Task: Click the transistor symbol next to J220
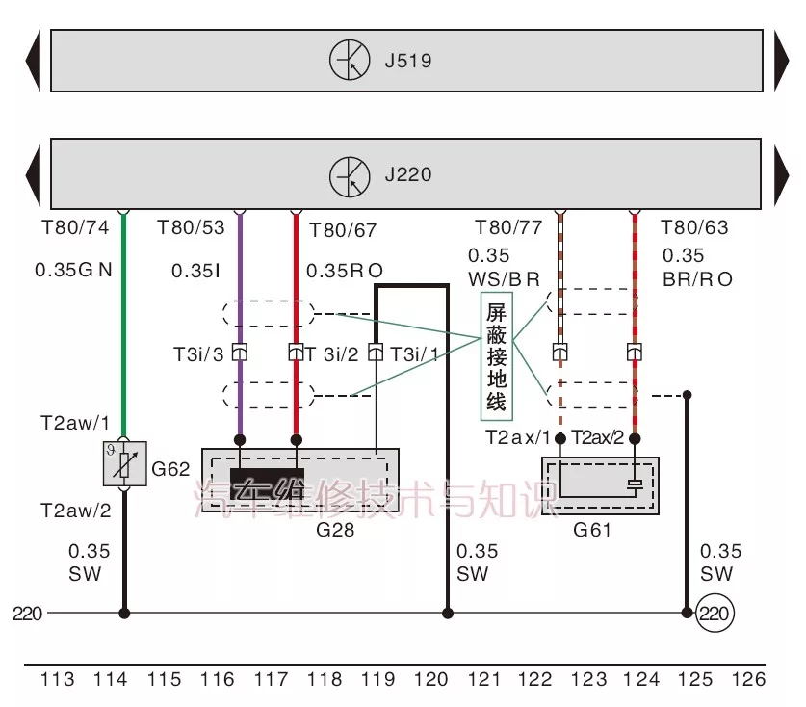(x=350, y=176)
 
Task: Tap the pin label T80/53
(x=191, y=228)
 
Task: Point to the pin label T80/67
(x=344, y=230)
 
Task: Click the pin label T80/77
(x=508, y=228)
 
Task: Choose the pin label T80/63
(x=694, y=228)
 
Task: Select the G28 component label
(x=300, y=529)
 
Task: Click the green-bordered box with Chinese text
(x=496, y=357)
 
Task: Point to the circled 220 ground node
(x=715, y=613)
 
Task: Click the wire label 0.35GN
(x=73, y=271)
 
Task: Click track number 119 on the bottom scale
(x=377, y=680)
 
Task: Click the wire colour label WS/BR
(x=504, y=279)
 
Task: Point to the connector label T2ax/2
(x=598, y=437)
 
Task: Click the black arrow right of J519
(x=781, y=62)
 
